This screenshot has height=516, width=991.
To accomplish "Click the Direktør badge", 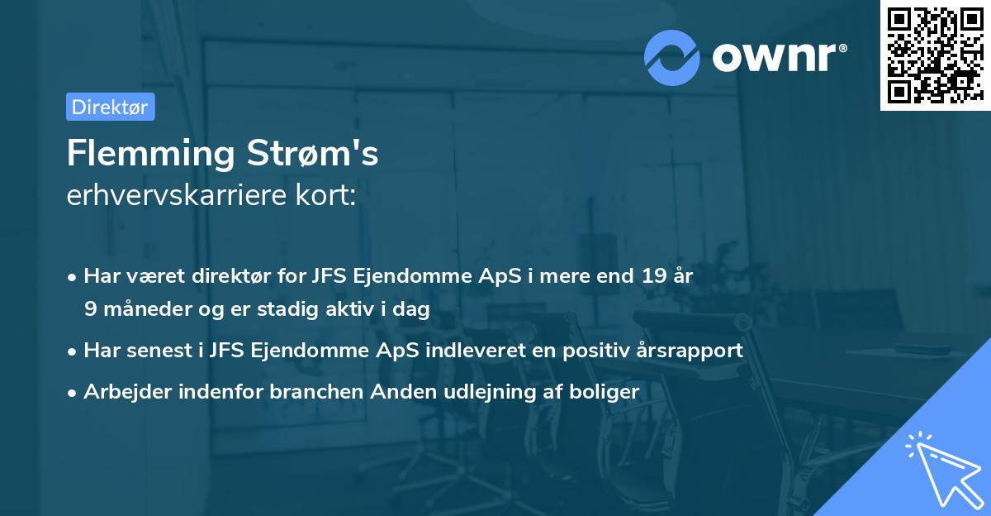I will [110, 107].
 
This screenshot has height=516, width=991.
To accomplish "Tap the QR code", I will [934, 55].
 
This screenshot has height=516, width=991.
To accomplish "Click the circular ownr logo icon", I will [672, 57].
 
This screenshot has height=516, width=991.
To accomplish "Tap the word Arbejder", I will [121, 392].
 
